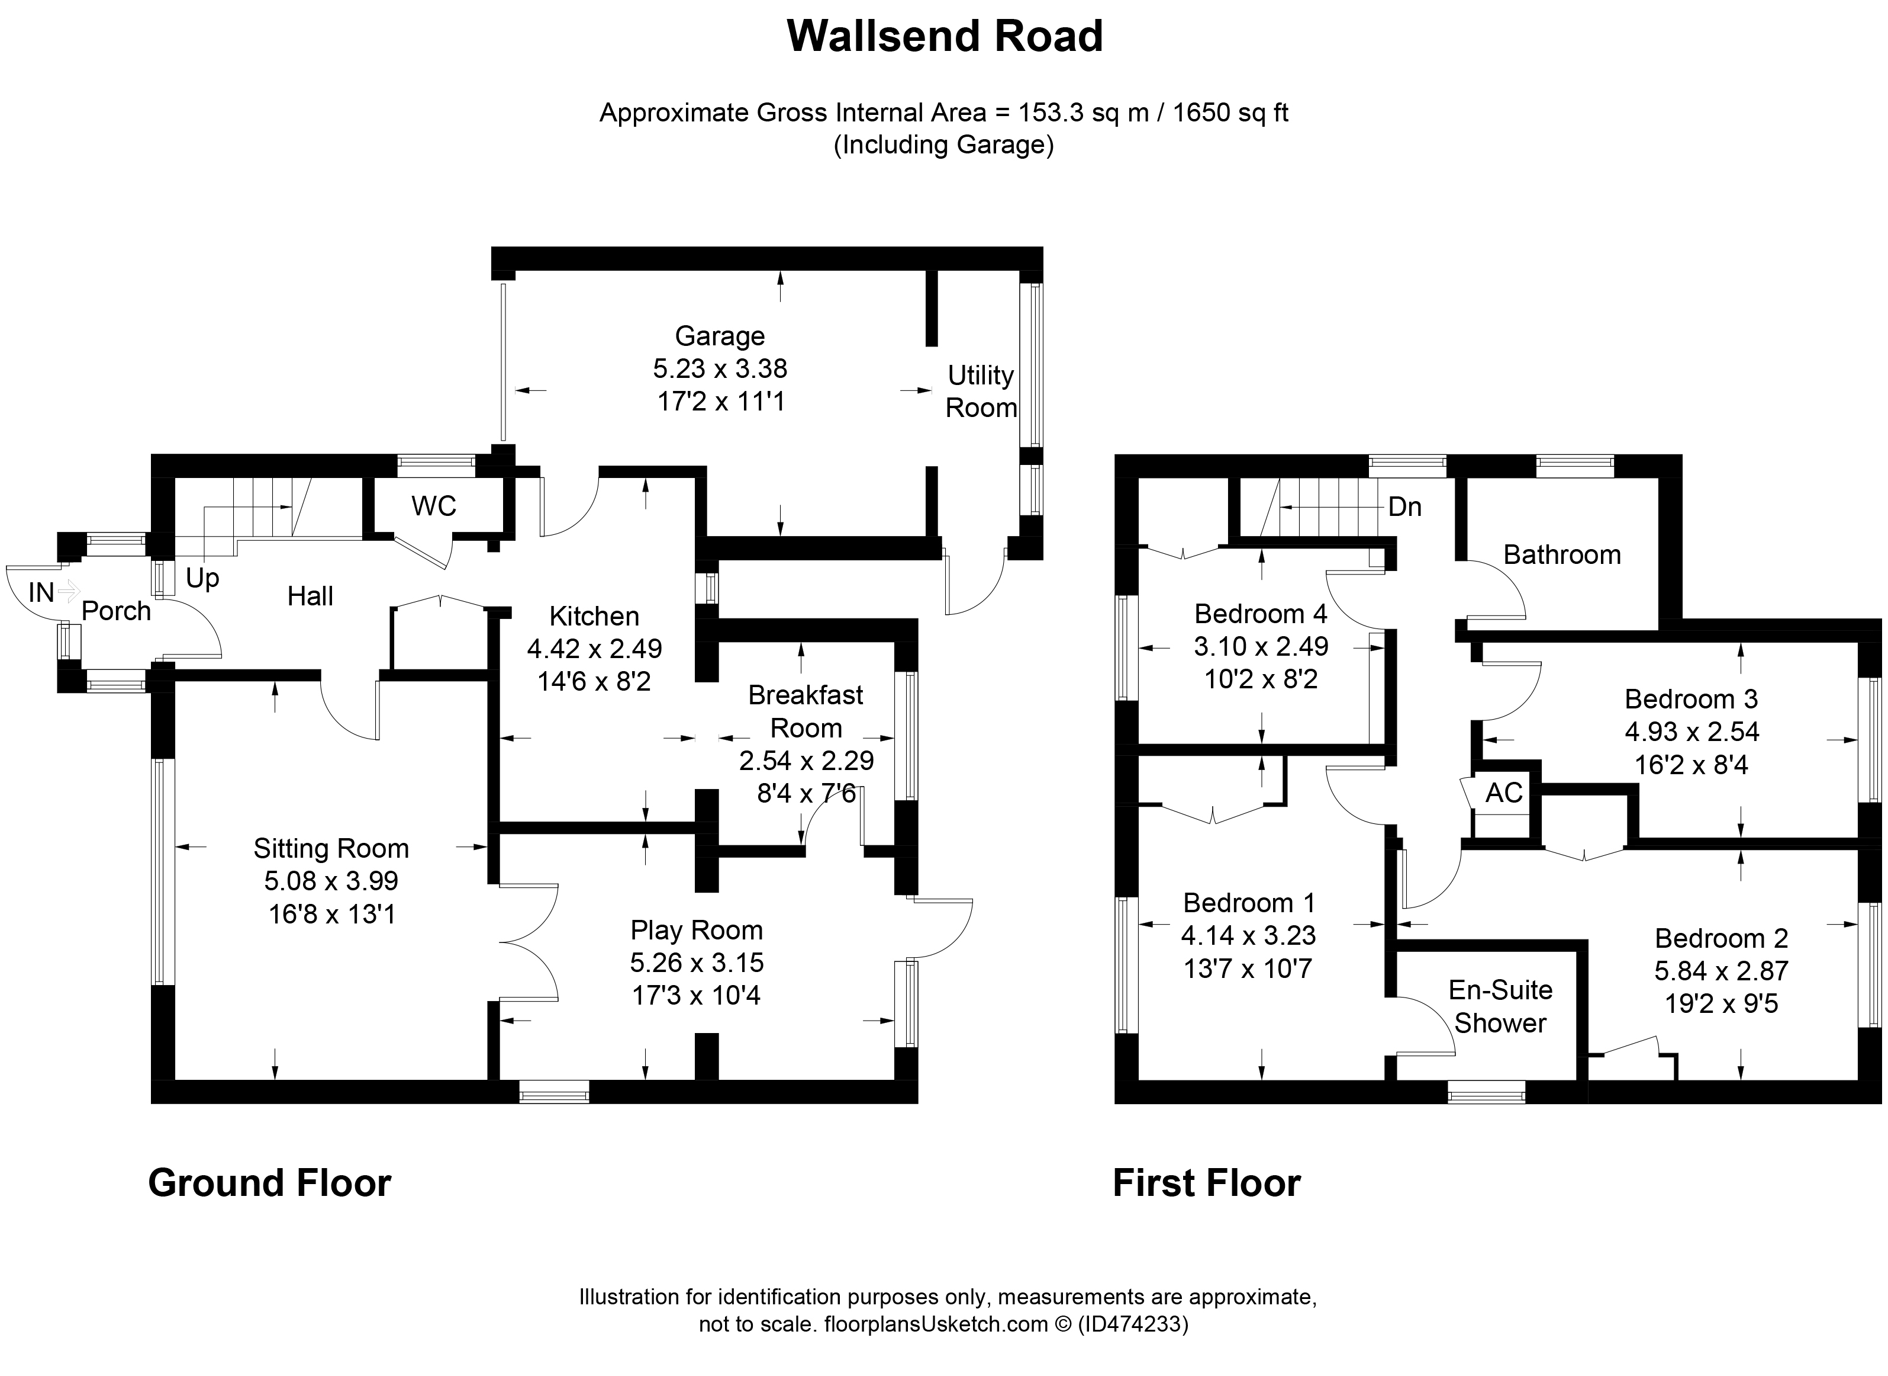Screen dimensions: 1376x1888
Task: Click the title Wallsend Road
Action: [x=944, y=37]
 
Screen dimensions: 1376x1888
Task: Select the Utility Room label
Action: [x=981, y=392]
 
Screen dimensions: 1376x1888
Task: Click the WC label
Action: [x=434, y=506]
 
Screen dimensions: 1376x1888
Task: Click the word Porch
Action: [x=116, y=611]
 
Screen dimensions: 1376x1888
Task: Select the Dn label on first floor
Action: [x=1404, y=506]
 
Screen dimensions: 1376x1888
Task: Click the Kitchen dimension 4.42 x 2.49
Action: [x=594, y=648]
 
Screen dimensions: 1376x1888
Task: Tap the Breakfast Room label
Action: [x=806, y=711]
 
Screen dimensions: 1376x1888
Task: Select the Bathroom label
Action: [x=1562, y=555]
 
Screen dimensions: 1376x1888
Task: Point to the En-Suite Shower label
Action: [x=1500, y=1006]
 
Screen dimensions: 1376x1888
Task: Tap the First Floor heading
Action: [x=1206, y=1183]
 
